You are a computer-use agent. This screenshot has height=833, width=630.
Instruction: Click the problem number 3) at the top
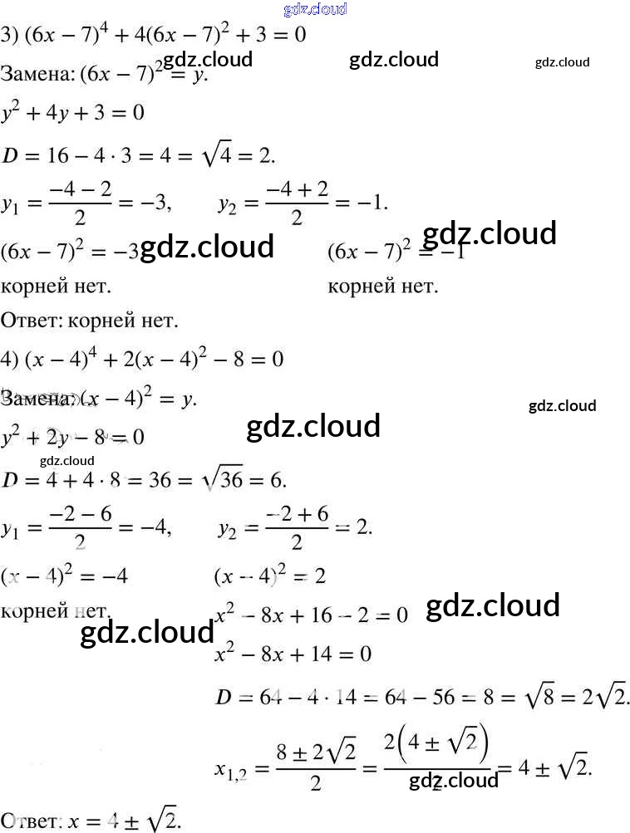point(10,36)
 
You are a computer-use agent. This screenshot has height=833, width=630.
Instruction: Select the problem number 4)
point(10,359)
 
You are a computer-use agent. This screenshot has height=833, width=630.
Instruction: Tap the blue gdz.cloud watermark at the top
point(315,9)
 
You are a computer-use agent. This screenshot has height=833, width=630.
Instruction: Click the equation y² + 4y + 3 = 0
point(73,111)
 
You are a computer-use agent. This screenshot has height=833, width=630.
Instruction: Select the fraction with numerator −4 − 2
point(80,204)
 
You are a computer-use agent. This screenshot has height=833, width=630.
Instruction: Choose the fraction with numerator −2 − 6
point(80,528)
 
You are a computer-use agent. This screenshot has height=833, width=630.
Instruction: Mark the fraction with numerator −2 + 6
point(298,528)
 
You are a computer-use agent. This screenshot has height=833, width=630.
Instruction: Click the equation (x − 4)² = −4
point(65,576)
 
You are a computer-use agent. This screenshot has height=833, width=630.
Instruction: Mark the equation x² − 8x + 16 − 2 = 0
point(312,615)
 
